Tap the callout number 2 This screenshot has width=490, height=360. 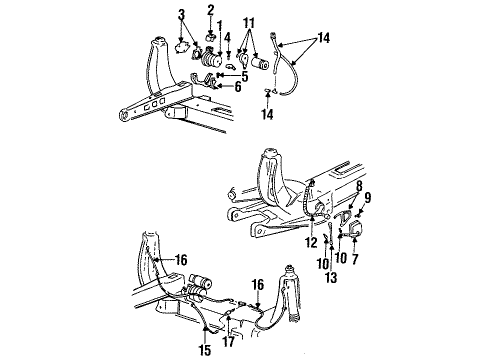211,10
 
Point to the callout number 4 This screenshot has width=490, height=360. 228,39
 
